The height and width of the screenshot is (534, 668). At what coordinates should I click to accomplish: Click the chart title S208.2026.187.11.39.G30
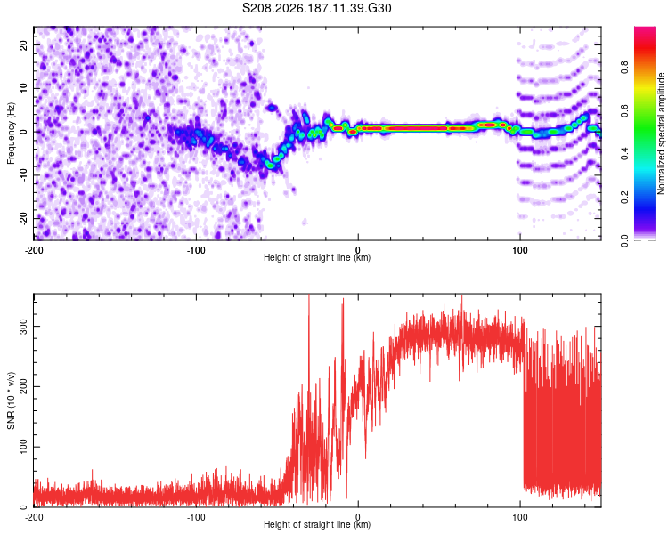pos(316,8)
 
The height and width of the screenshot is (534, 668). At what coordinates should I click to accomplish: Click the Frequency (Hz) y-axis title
pos(11,133)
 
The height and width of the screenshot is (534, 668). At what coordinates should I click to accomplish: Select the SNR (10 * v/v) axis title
pos(11,400)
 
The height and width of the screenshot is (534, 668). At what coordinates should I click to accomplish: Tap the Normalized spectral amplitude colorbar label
pos(661,133)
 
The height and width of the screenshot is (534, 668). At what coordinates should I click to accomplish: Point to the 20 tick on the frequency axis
pos(24,44)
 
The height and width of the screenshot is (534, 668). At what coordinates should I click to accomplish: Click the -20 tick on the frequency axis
pos(24,219)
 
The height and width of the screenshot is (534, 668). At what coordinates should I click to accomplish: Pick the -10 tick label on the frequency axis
pos(24,175)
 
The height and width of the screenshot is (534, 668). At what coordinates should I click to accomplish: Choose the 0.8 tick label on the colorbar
pos(624,68)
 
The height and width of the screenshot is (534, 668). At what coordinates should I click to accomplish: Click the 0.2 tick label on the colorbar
pos(624,198)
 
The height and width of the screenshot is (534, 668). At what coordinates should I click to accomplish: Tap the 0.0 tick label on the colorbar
pos(624,240)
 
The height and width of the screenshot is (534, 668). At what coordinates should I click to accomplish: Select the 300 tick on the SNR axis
pos(24,327)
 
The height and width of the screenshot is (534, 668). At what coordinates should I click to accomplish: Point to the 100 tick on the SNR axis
pos(24,447)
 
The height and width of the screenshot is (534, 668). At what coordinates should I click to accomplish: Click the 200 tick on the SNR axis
pos(24,386)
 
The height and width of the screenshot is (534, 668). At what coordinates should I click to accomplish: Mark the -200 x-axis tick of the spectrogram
pos(34,250)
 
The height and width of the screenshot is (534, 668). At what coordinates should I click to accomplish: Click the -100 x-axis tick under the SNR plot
pos(196,517)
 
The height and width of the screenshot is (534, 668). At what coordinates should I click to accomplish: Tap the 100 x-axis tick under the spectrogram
pos(520,250)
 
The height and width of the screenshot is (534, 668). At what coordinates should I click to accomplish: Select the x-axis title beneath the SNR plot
pos(317,524)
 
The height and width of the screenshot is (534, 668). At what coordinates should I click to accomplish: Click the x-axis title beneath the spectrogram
pos(317,257)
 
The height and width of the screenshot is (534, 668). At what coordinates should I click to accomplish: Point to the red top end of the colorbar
pos(645,29)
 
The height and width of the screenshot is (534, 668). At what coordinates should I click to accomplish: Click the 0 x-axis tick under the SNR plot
pos(358,517)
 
